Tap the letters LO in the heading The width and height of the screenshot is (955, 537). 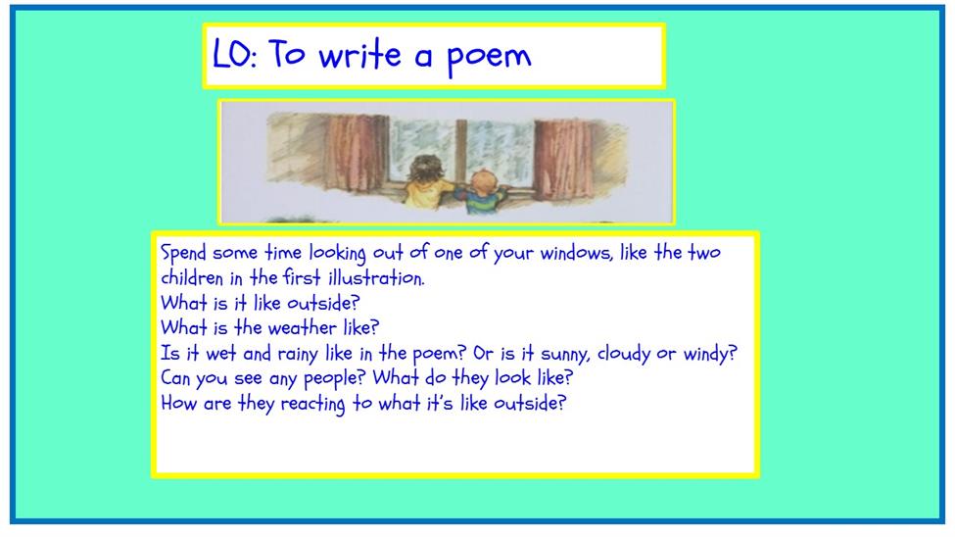click(230, 53)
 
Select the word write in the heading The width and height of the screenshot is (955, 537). click(360, 54)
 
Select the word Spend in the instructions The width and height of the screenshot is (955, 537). click(183, 253)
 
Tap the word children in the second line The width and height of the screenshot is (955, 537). click(192, 278)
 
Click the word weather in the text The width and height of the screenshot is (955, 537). click(302, 328)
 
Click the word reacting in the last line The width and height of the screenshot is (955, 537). click(312, 404)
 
